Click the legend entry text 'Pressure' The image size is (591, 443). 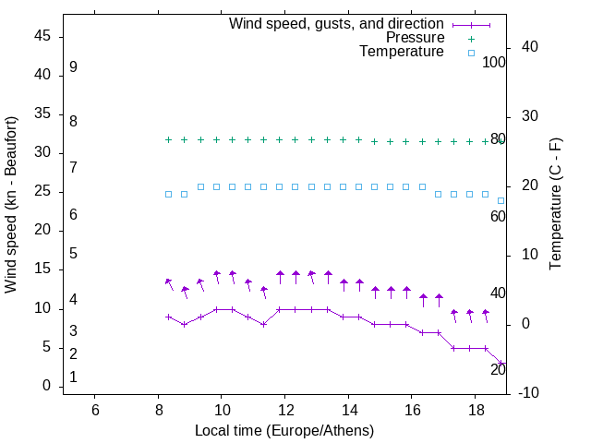click(x=415, y=38)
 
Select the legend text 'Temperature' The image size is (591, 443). click(x=402, y=53)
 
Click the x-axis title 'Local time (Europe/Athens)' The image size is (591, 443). click(x=284, y=430)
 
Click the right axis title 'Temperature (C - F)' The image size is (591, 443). click(x=555, y=205)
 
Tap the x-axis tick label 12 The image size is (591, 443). click(x=284, y=410)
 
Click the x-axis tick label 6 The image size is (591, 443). click(x=95, y=410)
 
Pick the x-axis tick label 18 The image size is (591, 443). click(x=475, y=410)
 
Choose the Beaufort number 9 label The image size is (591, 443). click(x=73, y=67)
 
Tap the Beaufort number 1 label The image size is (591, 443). click(x=73, y=377)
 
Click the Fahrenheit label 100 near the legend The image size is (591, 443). click(x=494, y=63)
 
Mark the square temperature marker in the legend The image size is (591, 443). click(x=470, y=53)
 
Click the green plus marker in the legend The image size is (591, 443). click(x=470, y=39)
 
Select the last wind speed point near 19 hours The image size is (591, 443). click(x=501, y=364)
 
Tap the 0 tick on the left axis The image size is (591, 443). click(x=46, y=386)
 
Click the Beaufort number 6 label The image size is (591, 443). click(x=73, y=215)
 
